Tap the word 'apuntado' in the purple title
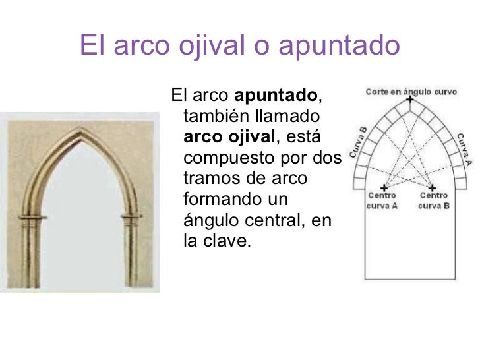click(339, 47)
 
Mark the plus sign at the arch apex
click(410, 100)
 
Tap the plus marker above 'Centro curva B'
click(432, 187)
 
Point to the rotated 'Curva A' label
click(464, 149)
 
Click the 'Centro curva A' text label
click(382, 200)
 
